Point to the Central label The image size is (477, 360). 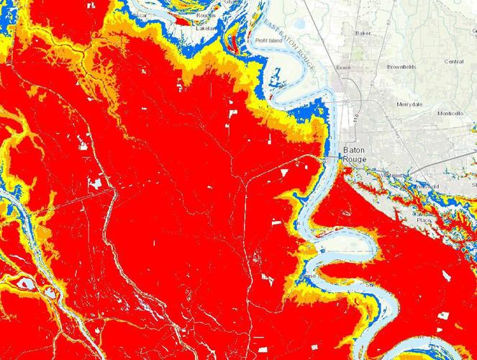pos(453,62)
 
